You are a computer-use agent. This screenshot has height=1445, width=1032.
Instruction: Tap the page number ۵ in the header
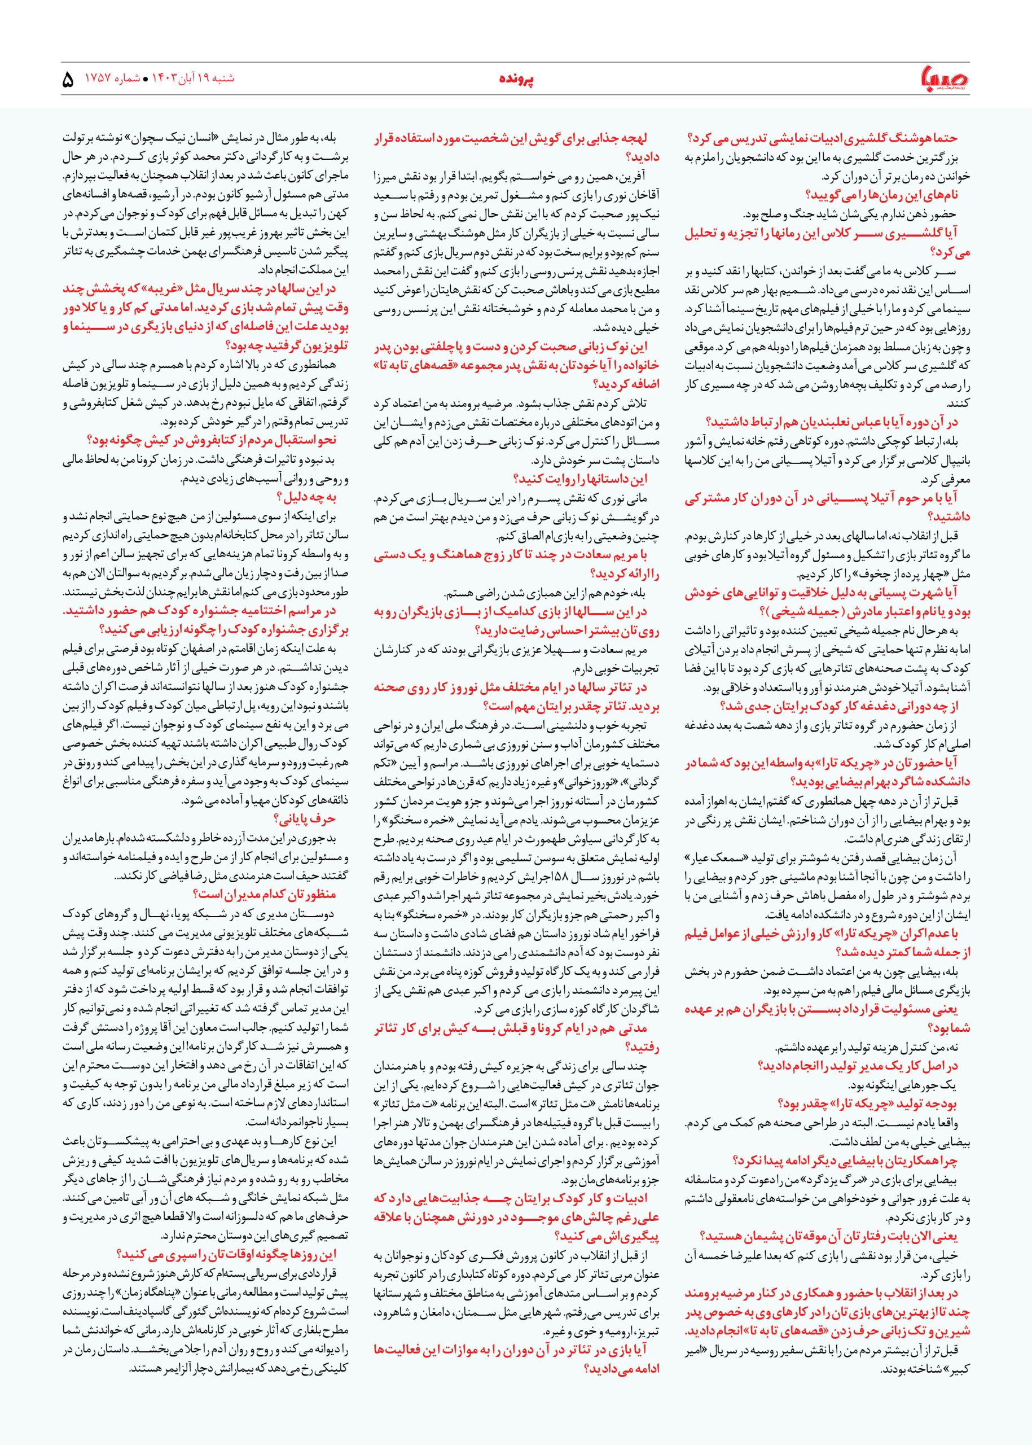pos(69,81)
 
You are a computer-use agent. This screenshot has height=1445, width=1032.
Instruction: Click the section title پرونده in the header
pos(515,81)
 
